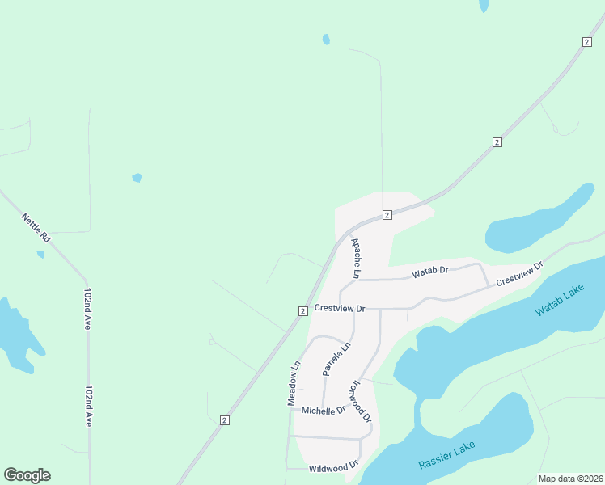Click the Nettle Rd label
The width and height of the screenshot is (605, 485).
(x=36, y=229)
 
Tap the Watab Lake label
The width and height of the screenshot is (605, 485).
(x=559, y=300)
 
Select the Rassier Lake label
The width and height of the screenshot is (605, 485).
(x=447, y=455)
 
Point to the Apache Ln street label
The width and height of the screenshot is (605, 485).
(x=356, y=258)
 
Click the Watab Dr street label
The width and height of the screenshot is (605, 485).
(x=429, y=272)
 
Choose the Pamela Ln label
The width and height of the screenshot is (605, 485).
(x=336, y=358)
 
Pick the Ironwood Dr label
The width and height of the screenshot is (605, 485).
(x=360, y=402)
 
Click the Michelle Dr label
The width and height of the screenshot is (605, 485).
(x=324, y=410)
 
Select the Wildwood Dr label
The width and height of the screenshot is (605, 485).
(x=333, y=466)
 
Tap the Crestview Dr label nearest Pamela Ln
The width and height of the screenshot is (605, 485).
(x=341, y=308)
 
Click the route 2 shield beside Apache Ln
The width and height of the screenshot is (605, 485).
(x=387, y=214)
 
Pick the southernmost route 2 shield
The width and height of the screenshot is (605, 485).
(x=224, y=420)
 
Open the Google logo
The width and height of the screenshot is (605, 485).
(x=27, y=475)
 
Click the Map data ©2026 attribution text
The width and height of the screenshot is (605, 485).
(x=570, y=479)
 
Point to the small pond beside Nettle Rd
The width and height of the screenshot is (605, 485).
(x=40, y=254)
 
